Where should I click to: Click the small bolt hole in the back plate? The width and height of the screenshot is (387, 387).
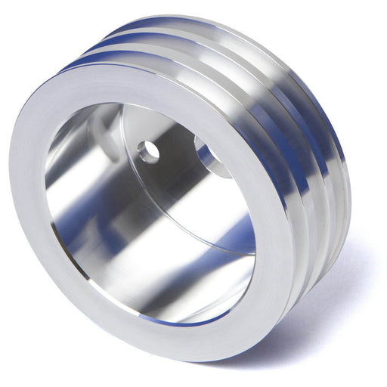point(149,152)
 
